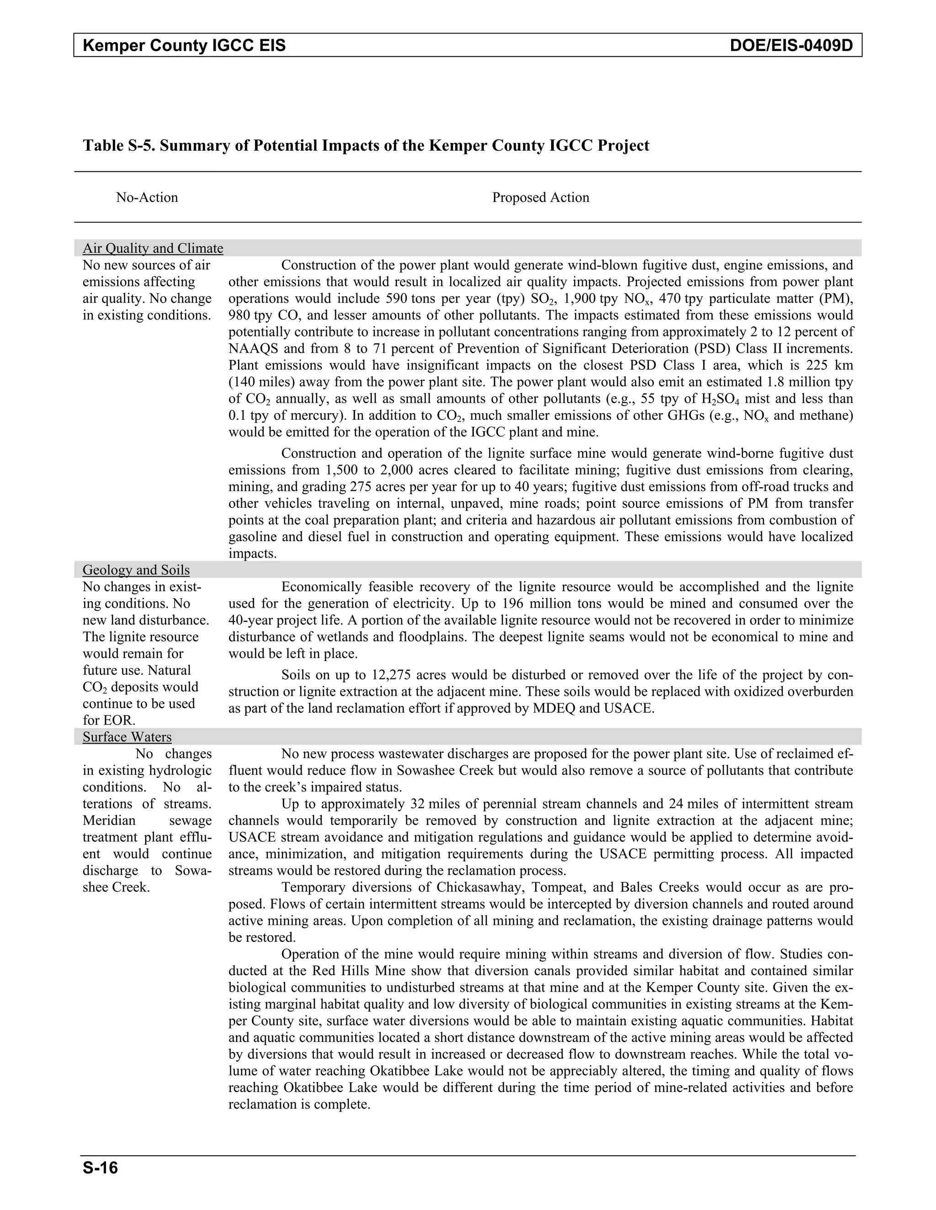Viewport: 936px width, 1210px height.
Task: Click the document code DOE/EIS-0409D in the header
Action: tap(791, 45)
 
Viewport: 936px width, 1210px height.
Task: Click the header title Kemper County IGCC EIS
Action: tap(184, 45)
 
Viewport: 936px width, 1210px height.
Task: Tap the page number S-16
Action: tap(101, 1168)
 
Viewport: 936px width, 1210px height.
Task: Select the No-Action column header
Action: tap(147, 198)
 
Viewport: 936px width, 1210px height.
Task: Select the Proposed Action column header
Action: tap(541, 198)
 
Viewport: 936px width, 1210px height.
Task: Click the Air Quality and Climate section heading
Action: tap(153, 248)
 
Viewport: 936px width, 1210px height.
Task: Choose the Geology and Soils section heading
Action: tap(136, 570)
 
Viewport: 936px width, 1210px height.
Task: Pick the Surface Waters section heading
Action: tap(127, 737)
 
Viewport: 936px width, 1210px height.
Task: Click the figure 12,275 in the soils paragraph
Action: tap(392, 675)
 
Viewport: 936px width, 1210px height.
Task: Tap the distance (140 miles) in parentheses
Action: tap(254, 382)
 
